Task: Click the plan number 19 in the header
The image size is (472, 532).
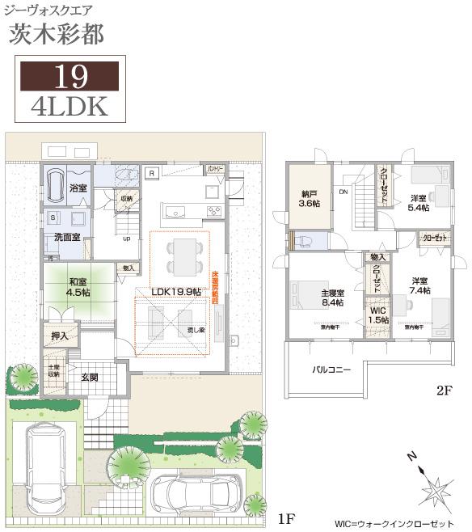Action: click(69, 76)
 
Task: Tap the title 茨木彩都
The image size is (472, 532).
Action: click(57, 34)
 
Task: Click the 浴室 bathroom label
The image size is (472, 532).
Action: click(78, 188)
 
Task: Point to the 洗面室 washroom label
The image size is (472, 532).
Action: click(67, 238)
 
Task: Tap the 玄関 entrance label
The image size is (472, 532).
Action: click(90, 377)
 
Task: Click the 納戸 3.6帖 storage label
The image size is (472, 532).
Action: click(309, 199)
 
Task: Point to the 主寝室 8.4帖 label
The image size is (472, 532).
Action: click(332, 298)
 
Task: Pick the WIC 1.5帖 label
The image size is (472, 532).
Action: click(378, 315)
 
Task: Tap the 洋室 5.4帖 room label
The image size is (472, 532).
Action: click(419, 203)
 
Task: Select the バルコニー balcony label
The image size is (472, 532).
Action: click(332, 369)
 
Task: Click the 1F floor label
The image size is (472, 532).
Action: click(285, 518)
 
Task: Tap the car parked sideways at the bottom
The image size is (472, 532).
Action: click(193, 492)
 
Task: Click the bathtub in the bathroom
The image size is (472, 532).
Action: click(54, 185)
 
